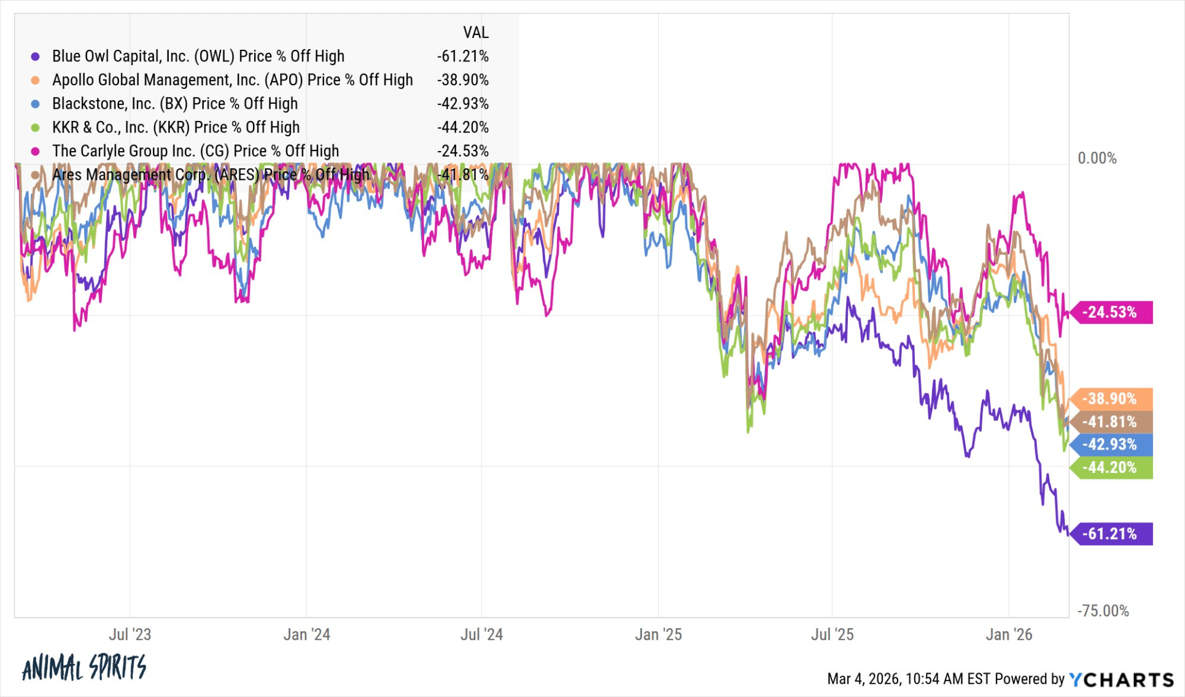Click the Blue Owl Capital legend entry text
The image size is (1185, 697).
(198, 56)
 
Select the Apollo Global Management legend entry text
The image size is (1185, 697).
(232, 80)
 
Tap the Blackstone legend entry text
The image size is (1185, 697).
(174, 103)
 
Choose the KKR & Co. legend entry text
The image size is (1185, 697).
(176, 127)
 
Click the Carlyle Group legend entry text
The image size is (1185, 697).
(195, 151)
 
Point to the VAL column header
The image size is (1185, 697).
(475, 32)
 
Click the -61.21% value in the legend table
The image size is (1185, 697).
(462, 56)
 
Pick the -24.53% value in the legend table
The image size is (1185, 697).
(462, 151)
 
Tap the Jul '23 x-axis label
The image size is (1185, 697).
(130, 634)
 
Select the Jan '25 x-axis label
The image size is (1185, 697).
(658, 634)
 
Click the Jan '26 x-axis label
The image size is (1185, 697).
(1009, 634)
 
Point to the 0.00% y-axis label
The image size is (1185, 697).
(1097, 158)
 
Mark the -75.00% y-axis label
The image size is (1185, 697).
(1103, 610)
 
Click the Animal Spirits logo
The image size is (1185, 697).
(84, 668)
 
